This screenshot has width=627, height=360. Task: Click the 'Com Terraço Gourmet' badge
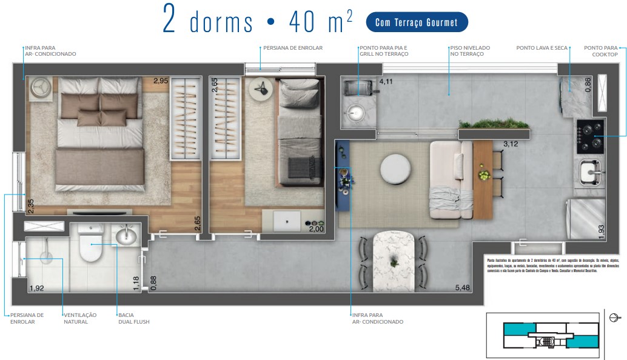point(417,22)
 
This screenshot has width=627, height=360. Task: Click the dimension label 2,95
point(161,81)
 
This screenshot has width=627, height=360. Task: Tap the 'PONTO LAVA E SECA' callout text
point(542,48)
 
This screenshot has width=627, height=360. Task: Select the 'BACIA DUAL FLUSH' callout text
point(133,318)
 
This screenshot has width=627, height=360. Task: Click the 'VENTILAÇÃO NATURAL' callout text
point(80,318)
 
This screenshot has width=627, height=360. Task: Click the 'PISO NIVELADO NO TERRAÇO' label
point(470,51)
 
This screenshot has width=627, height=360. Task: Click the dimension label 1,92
point(36,288)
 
